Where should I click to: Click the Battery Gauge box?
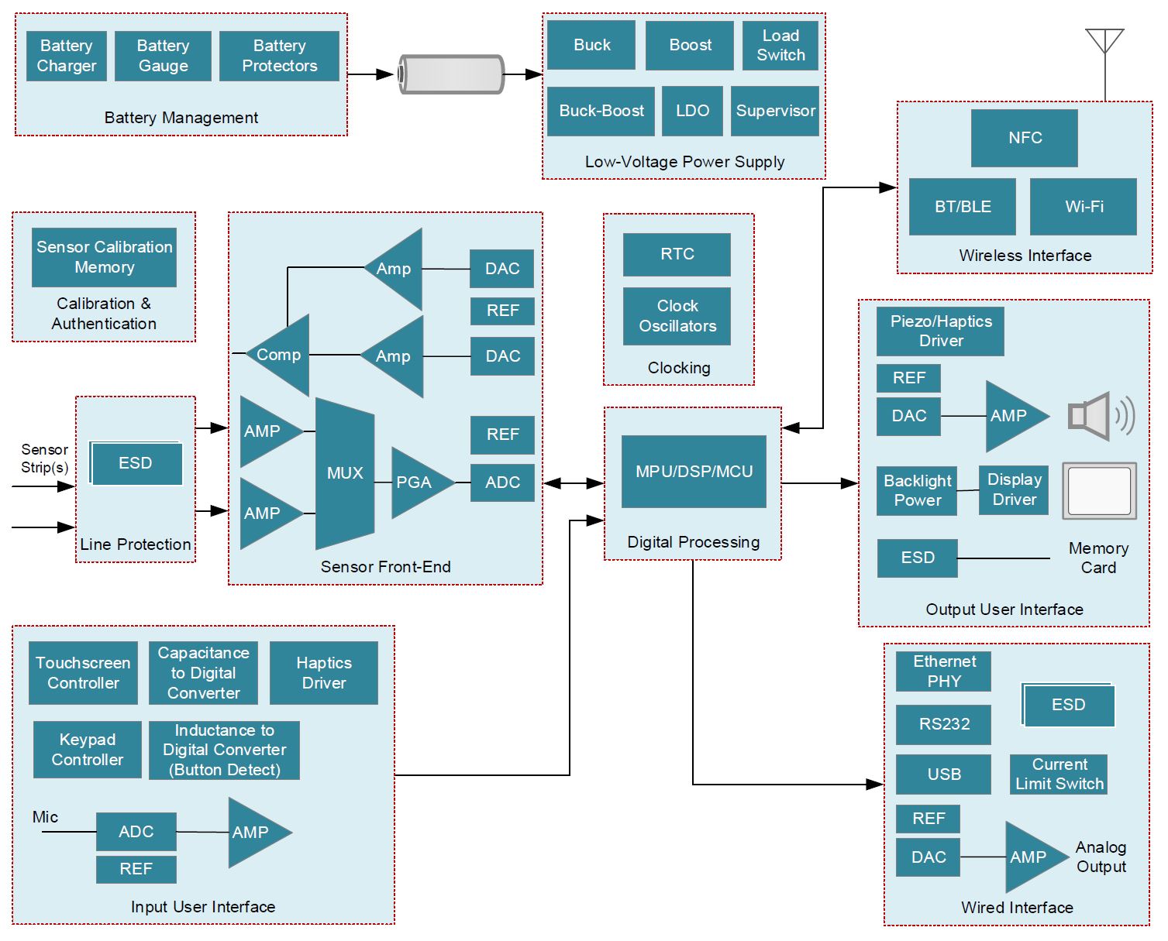[x=163, y=56]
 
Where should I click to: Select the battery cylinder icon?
[x=451, y=74]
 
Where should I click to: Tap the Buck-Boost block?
[x=601, y=111]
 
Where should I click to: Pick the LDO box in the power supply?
[x=692, y=111]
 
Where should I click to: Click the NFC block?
[x=1024, y=138]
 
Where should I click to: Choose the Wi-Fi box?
[x=1083, y=207]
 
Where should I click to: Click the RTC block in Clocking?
[x=677, y=254]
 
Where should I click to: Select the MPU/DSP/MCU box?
[x=694, y=472]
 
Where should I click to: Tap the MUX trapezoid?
[x=345, y=473]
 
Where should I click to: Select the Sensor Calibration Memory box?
[x=104, y=257]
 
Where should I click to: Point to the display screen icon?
[x=1099, y=491]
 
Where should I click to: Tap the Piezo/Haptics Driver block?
[x=940, y=331]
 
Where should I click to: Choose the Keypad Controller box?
[x=88, y=750]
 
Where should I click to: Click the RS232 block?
[x=943, y=724]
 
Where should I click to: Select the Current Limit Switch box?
[x=1059, y=774]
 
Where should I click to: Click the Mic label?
[x=45, y=817]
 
